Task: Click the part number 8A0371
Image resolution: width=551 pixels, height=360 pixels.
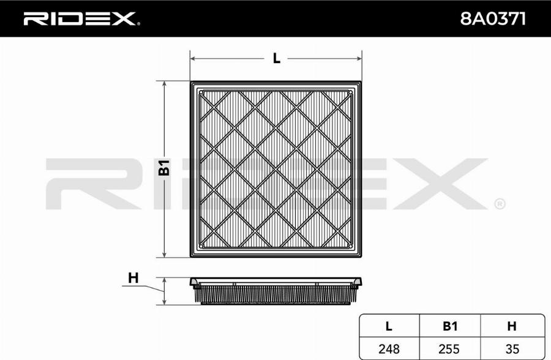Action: [x=493, y=19]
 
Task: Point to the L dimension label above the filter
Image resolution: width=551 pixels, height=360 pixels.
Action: [x=277, y=58]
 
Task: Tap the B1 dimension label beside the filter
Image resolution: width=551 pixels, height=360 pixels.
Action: [x=164, y=168]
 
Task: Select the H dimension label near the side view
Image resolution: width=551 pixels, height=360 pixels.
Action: [x=133, y=278]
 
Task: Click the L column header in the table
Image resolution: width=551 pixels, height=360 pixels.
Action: [x=389, y=326]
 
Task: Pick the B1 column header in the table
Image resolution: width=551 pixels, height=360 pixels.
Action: [x=450, y=326]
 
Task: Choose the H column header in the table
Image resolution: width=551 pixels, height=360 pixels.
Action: [x=512, y=326]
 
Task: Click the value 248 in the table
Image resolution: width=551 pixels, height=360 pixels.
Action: [x=389, y=349]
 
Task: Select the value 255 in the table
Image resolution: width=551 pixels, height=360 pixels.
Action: [x=449, y=349]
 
